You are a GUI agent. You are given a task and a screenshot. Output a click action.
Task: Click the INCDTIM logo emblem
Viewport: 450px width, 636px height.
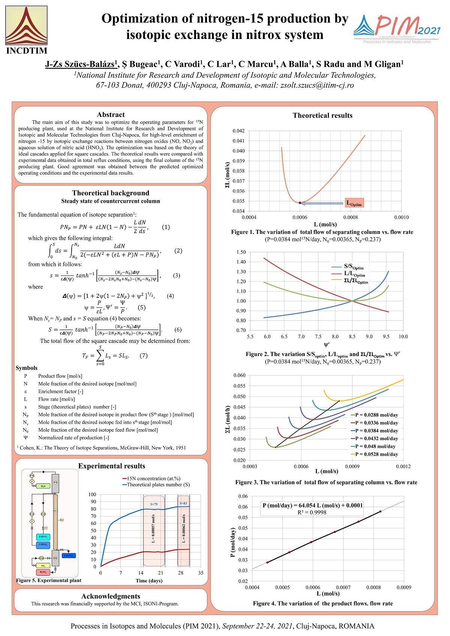(26, 25)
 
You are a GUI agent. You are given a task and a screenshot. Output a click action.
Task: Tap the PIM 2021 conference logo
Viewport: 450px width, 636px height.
(397, 29)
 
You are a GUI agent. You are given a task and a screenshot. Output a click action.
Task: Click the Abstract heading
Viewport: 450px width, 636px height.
(111, 115)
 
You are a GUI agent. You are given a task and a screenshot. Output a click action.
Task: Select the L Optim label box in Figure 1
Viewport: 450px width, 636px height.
(354, 203)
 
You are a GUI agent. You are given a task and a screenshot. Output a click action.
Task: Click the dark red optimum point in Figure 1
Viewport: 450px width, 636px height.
(300, 203)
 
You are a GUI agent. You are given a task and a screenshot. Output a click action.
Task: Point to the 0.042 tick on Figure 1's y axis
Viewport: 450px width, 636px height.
(238, 131)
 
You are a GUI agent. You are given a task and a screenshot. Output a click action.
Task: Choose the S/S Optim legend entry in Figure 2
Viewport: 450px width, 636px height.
(354, 267)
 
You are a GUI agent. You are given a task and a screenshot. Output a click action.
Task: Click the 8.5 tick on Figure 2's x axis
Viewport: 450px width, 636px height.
(352, 337)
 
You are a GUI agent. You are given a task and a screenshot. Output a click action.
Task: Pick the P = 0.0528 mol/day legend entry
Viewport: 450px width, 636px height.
(376, 454)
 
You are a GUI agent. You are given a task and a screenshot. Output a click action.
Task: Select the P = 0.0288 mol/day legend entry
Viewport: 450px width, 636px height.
(376, 415)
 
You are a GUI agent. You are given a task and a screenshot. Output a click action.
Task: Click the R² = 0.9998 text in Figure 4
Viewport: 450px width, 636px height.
(312, 512)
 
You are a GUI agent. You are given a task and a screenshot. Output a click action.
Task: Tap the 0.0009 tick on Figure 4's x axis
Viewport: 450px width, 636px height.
(404, 587)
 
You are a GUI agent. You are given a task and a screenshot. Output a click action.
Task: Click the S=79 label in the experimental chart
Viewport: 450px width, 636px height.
(154, 504)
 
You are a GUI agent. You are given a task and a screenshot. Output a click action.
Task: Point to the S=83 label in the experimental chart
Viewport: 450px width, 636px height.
(183, 503)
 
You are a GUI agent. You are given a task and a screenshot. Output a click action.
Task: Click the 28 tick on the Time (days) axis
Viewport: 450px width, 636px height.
(181, 573)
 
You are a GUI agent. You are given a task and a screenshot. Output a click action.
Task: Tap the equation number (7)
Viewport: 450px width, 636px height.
(144, 356)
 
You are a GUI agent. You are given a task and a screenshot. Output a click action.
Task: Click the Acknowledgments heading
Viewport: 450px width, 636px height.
(111, 596)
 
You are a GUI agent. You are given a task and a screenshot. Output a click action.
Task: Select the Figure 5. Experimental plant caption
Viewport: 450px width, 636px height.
(49, 581)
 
